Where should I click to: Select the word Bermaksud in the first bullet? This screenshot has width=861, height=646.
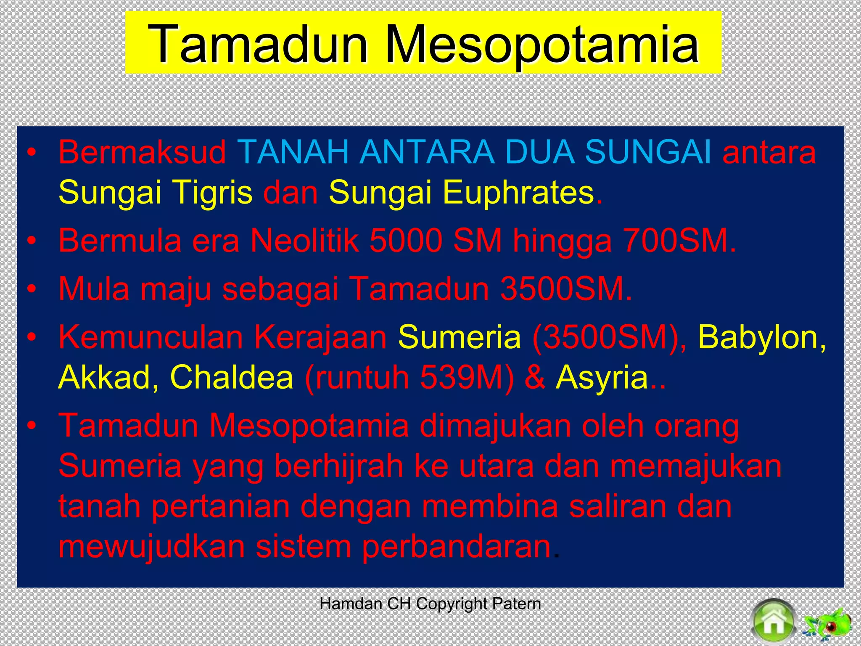coord(142,152)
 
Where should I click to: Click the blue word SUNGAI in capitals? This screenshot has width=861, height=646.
coord(648,152)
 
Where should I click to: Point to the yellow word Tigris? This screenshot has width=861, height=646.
coord(213,192)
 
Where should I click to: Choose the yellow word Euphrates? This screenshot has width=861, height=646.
coord(518,192)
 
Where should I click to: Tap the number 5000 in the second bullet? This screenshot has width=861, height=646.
coord(405,241)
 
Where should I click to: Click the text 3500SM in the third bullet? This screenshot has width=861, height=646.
coord(565,289)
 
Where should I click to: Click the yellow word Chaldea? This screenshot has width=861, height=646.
coord(231,377)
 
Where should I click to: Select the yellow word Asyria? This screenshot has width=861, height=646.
coord(602,377)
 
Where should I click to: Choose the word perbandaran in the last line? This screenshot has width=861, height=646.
coord(457,546)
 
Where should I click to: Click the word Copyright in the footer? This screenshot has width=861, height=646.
coord(451,604)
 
